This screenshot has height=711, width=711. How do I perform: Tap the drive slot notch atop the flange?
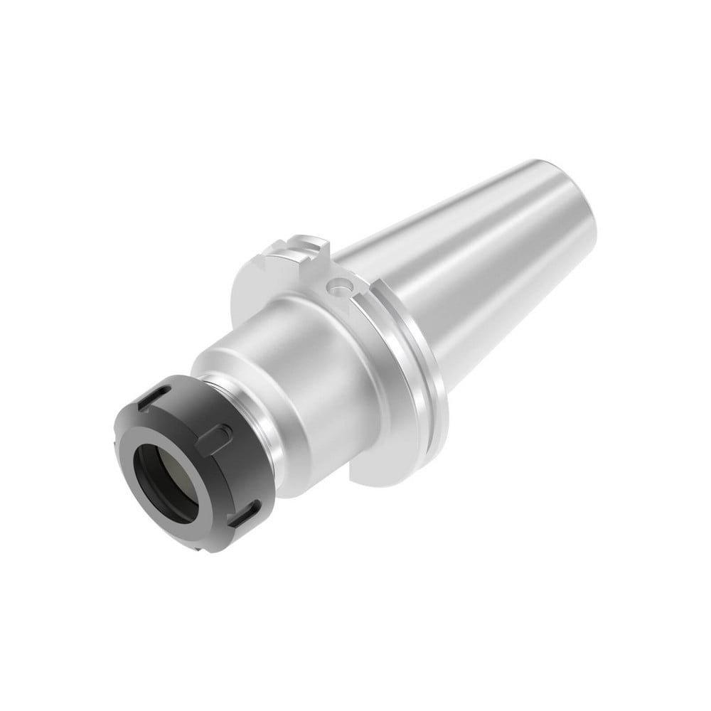[x=296, y=251]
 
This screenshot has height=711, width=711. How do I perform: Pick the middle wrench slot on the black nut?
[x=219, y=435]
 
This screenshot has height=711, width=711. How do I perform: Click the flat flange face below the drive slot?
[x=263, y=284]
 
